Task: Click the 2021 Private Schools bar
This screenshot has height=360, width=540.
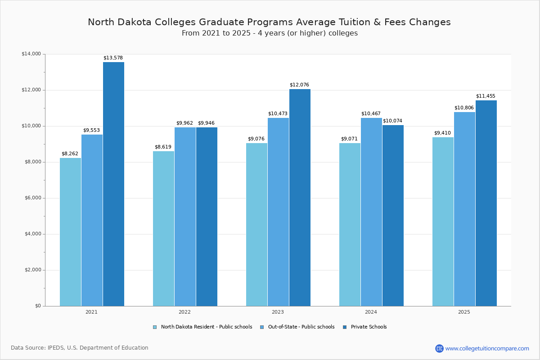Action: [113, 184]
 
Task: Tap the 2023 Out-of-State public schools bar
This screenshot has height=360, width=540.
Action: [278, 212]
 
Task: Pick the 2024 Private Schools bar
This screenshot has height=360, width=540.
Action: [393, 216]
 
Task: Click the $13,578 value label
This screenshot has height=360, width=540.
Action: [113, 58]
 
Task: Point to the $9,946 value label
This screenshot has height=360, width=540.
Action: [206, 123]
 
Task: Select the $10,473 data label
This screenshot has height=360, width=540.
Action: [278, 114]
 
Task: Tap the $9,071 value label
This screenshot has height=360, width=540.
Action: [349, 139]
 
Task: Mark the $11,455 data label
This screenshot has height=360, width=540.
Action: [486, 96]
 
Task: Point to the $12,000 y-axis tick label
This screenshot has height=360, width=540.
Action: [31, 90]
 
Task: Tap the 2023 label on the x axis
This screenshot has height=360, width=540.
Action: [278, 312]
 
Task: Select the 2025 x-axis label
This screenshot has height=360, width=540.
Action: [464, 312]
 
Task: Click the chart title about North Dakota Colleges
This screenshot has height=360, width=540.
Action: [269, 22]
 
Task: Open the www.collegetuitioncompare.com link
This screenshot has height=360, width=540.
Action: [487, 348]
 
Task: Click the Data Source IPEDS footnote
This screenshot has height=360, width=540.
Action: [80, 348]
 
